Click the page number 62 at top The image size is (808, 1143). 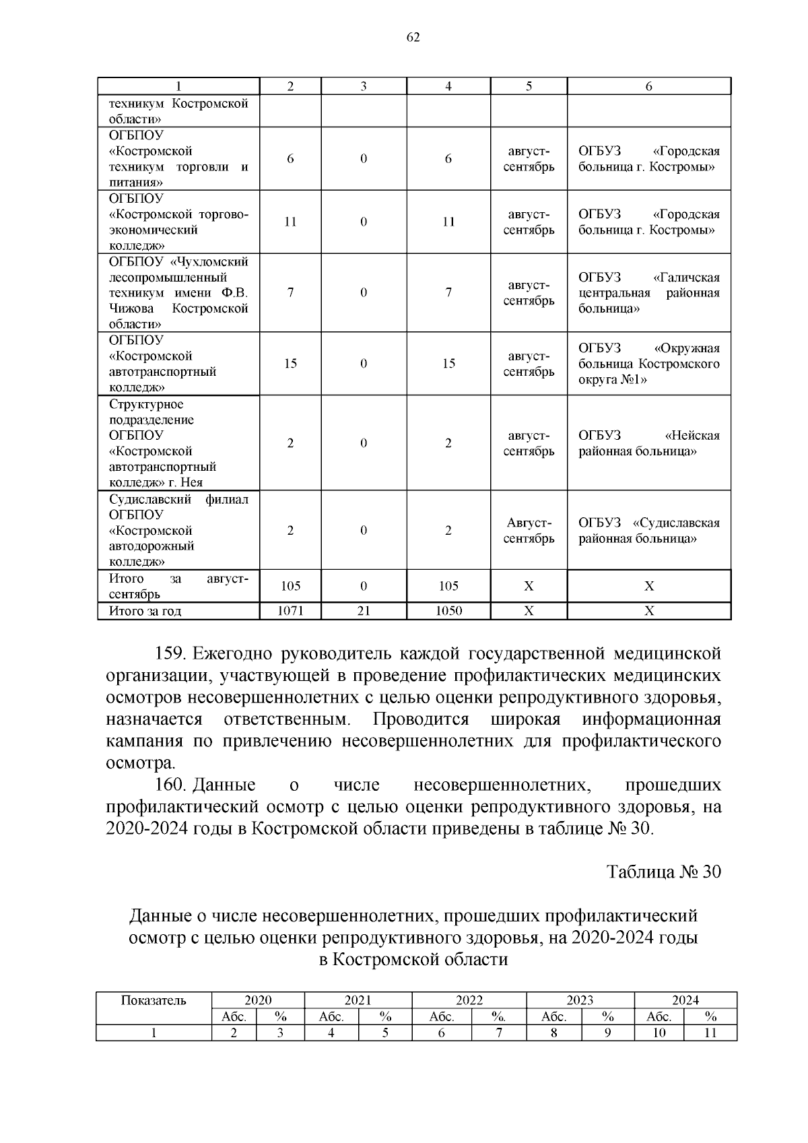[x=413, y=38]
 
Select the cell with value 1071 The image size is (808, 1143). [x=290, y=611]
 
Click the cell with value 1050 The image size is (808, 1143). [x=448, y=611]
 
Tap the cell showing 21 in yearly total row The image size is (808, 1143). [x=364, y=611]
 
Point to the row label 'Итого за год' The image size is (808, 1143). [x=145, y=611]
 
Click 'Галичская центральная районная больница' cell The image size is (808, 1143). [x=648, y=293]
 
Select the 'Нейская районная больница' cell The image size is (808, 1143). [x=648, y=443]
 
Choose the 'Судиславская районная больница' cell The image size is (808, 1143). [x=648, y=531]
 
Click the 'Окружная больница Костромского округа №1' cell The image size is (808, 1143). [x=648, y=364]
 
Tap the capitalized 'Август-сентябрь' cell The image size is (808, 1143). [x=529, y=531]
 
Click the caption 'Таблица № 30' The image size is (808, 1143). [x=664, y=872]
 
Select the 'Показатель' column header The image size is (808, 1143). [x=154, y=1000]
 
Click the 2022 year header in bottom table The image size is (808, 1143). [x=469, y=1000]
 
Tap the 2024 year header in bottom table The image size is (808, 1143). [x=685, y=1000]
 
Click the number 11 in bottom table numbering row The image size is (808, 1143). [x=710, y=1033]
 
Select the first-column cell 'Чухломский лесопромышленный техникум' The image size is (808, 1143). [x=178, y=293]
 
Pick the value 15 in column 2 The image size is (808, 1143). [x=290, y=364]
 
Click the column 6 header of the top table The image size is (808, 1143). [x=648, y=86]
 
